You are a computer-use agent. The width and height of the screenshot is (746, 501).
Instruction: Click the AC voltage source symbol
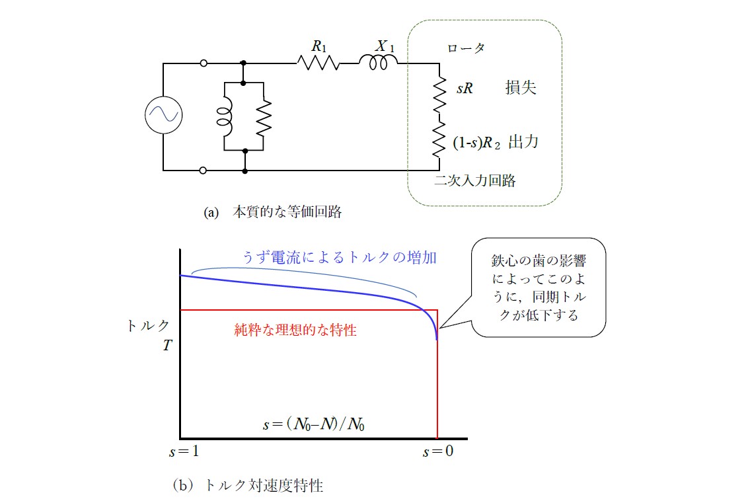[x=164, y=114]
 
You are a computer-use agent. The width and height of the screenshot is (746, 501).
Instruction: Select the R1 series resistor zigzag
[x=318, y=63]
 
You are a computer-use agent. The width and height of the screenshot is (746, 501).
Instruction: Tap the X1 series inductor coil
[x=378, y=61]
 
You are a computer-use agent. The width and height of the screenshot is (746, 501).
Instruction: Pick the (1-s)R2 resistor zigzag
[x=439, y=138]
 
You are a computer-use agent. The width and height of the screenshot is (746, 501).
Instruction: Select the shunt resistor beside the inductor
[x=264, y=117]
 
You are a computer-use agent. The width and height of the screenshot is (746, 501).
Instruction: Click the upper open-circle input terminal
[x=204, y=63]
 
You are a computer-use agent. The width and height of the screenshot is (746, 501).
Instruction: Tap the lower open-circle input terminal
[x=203, y=171]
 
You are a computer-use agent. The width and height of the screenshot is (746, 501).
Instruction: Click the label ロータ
[x=466, y=48]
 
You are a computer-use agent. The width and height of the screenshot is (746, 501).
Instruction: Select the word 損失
[x=521, y=87]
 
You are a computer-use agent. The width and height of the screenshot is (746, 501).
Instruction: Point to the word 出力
[x=523, y=142]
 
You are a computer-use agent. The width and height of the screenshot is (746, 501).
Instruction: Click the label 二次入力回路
[x=475, y=180]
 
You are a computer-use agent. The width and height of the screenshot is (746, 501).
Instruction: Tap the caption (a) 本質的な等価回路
[x=273, y=212]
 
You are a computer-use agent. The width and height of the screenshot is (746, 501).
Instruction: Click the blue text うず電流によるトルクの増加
[x=340, y=257]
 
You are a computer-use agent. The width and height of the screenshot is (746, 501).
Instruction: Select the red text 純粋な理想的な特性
[x=295, y=330]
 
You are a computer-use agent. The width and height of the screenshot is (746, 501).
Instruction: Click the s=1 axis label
[x=184, y=451]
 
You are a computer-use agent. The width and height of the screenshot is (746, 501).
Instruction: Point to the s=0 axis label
[x=438, y=451]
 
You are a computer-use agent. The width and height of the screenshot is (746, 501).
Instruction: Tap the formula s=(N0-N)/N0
[x=314, y=424]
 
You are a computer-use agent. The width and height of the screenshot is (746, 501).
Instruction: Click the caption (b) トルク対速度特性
[x=248, y=485]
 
